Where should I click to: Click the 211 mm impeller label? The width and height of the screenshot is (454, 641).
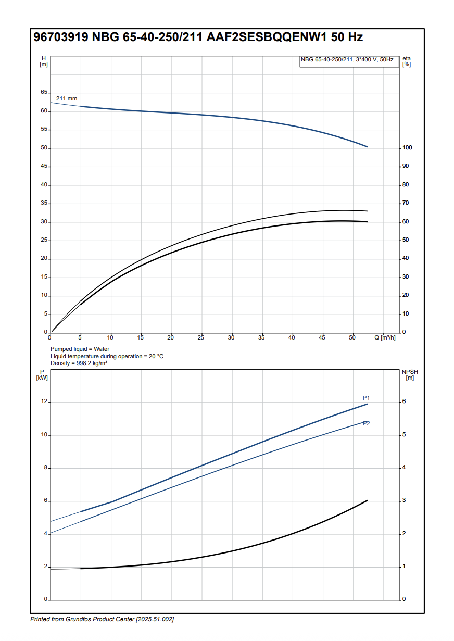67,98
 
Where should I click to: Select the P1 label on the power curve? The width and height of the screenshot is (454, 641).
367,398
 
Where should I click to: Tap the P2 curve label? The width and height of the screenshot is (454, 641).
367,423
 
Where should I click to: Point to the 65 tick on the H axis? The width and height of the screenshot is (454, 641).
44,92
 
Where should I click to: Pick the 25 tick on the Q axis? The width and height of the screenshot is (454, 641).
201,338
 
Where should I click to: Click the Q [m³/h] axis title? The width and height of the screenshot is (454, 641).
385,338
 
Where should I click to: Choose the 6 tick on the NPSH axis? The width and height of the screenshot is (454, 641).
404,402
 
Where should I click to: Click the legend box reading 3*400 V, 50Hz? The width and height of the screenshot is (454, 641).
347,60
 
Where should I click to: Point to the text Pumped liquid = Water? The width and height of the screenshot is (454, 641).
80,349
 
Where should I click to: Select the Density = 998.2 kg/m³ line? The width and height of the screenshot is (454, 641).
79,363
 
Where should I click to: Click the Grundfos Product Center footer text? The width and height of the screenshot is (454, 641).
102,619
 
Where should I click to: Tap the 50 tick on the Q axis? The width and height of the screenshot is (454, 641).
352,338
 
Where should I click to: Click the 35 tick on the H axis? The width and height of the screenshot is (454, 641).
44,204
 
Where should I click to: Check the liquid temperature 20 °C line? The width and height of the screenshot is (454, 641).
107,356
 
